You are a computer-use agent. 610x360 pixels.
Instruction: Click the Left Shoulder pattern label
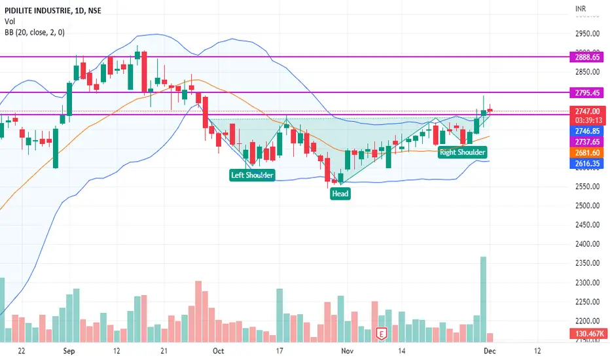click(x=252, y=175)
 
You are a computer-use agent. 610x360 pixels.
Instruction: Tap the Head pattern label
click(x=340, y=194)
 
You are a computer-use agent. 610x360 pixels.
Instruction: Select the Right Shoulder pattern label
click(x=462, y=153)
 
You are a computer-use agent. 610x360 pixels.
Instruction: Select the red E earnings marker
click(x=382, y=333)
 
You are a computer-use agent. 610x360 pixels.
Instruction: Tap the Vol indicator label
click(x=9, y=21)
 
